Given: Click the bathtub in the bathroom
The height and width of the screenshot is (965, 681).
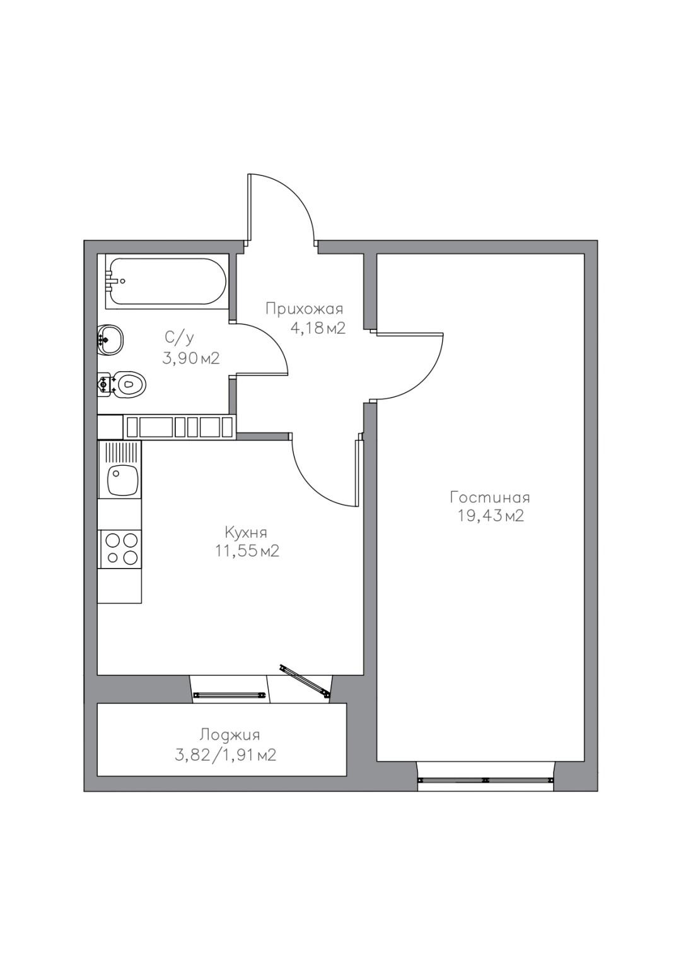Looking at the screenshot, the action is coord(166,281).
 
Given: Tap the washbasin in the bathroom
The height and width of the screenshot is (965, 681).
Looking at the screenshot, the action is coord(110,340).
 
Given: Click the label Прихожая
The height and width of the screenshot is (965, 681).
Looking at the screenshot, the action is coord(305,310).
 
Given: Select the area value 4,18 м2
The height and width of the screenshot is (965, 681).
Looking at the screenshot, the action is coord(318,329).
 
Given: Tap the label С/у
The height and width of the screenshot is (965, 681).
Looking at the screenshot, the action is coord(180,338).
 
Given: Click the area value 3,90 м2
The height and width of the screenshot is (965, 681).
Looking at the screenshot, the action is coord(190,358).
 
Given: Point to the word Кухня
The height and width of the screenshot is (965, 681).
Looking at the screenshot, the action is coord(246,533).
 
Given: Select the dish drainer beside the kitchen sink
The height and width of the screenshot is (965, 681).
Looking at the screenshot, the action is coord(120,453).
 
